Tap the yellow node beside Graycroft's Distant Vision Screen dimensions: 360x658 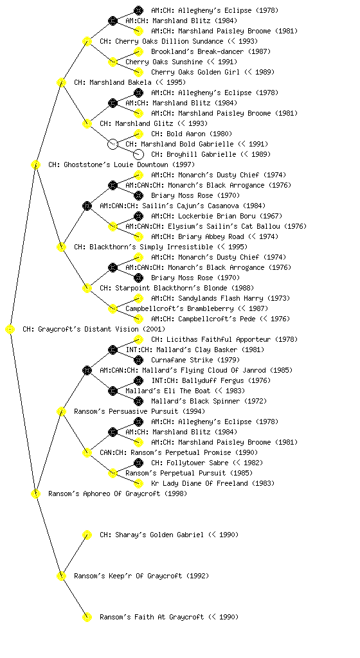10,330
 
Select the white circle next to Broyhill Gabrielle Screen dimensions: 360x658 138,154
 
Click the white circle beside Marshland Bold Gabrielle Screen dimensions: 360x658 113,144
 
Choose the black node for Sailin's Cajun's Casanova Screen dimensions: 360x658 87,206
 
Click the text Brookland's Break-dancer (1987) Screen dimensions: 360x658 211,51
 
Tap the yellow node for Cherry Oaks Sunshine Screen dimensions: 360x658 113,62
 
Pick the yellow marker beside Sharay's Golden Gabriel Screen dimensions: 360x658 87,535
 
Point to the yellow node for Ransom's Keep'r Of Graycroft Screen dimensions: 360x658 61,576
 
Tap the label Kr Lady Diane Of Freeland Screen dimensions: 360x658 199,483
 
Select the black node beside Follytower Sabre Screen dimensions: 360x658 138,463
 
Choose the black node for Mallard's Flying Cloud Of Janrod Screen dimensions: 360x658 87,370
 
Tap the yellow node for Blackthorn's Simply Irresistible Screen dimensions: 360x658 61,247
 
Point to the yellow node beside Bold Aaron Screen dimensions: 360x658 138,134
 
